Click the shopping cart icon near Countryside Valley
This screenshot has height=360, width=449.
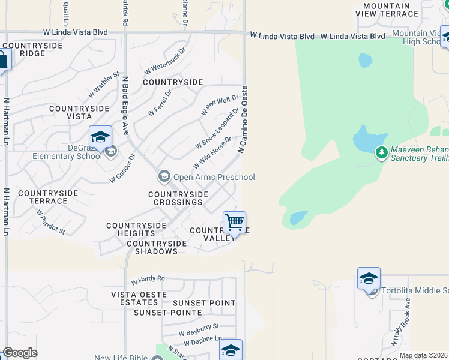tap(234, 223)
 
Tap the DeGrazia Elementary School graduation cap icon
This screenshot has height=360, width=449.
tap(100, 137)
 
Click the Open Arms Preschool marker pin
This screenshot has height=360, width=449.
tap(163, 176)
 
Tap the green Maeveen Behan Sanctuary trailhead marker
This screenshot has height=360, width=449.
tap(381, 153)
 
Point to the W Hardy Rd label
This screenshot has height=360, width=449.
tap(148, 280)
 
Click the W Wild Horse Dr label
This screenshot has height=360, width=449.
tap(212, 153)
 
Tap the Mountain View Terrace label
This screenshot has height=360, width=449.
tap(394, 9)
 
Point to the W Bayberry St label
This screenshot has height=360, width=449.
tap(199, 329)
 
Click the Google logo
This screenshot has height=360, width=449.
tap(20, 353)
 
